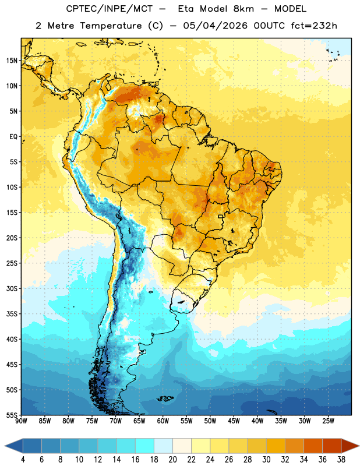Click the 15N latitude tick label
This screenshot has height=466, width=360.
[x=12, y=61]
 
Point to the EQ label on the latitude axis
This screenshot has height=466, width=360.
[x=13, y=137]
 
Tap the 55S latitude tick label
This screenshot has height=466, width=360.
[x=12, y=415]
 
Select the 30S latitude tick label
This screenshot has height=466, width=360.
[x=12, y=288]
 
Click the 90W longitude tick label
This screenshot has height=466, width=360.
[x=21, y=421]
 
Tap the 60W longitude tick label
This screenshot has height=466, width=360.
[x=163, y=421]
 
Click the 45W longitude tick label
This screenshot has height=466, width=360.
[x=234, y=421]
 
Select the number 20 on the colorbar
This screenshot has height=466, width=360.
[x=172, y=460]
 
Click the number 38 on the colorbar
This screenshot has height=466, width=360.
[x=341, y=460]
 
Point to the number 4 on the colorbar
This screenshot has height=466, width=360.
[x=23, y=460]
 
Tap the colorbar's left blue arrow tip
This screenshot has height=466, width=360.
[x=5, y=446]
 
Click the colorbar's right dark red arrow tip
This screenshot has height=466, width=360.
[x=359, y=446]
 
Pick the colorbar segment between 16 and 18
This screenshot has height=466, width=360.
[x=144, y=446]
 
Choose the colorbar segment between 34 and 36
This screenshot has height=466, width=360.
[x=313, y=446]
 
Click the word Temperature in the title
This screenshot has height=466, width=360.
[x=111, y=26]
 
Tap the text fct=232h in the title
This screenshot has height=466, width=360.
[x=314, y=26]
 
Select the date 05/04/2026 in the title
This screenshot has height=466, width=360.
[x=215, y=26]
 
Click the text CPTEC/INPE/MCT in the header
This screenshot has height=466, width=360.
[x=109, y=9]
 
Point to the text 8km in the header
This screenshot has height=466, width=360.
[x=243, y=9]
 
